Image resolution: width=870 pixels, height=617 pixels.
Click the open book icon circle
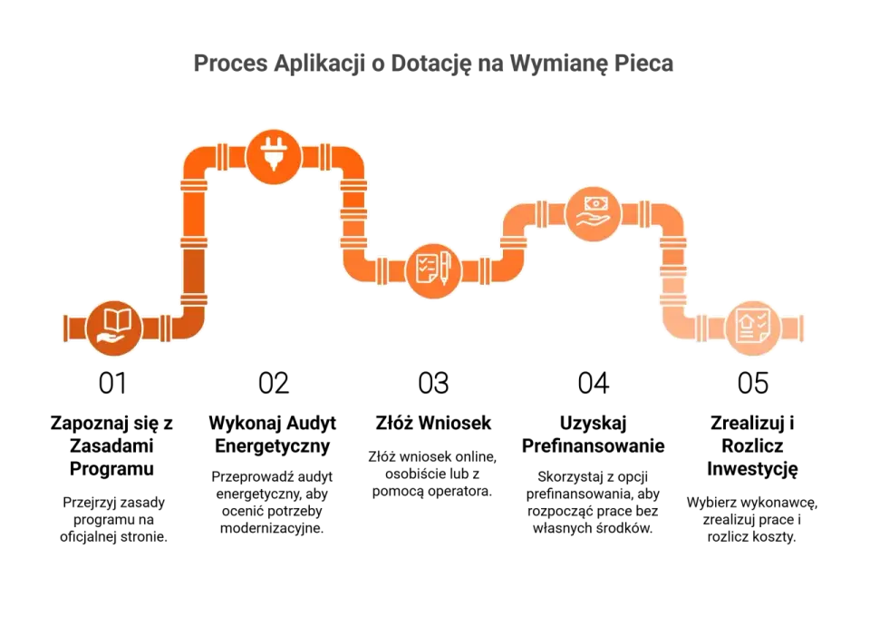114,328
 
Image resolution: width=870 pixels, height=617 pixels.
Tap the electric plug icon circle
274,157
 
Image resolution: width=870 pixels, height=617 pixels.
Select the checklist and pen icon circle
433,270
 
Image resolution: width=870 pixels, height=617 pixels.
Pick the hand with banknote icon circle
593,214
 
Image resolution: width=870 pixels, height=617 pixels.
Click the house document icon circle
753,328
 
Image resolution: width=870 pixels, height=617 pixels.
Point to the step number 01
112,383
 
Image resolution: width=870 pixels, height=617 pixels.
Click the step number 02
274,383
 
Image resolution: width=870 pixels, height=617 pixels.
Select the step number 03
433,383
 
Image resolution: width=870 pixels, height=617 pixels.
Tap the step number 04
593,383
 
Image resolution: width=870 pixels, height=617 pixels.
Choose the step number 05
753,383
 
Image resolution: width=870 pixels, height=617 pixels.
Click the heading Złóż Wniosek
433,423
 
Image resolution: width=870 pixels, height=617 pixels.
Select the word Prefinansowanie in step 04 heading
593,446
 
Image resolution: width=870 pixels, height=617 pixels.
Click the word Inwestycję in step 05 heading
752,470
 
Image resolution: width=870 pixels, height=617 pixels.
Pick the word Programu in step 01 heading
111,469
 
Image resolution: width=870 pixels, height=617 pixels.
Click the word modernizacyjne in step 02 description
272,529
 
